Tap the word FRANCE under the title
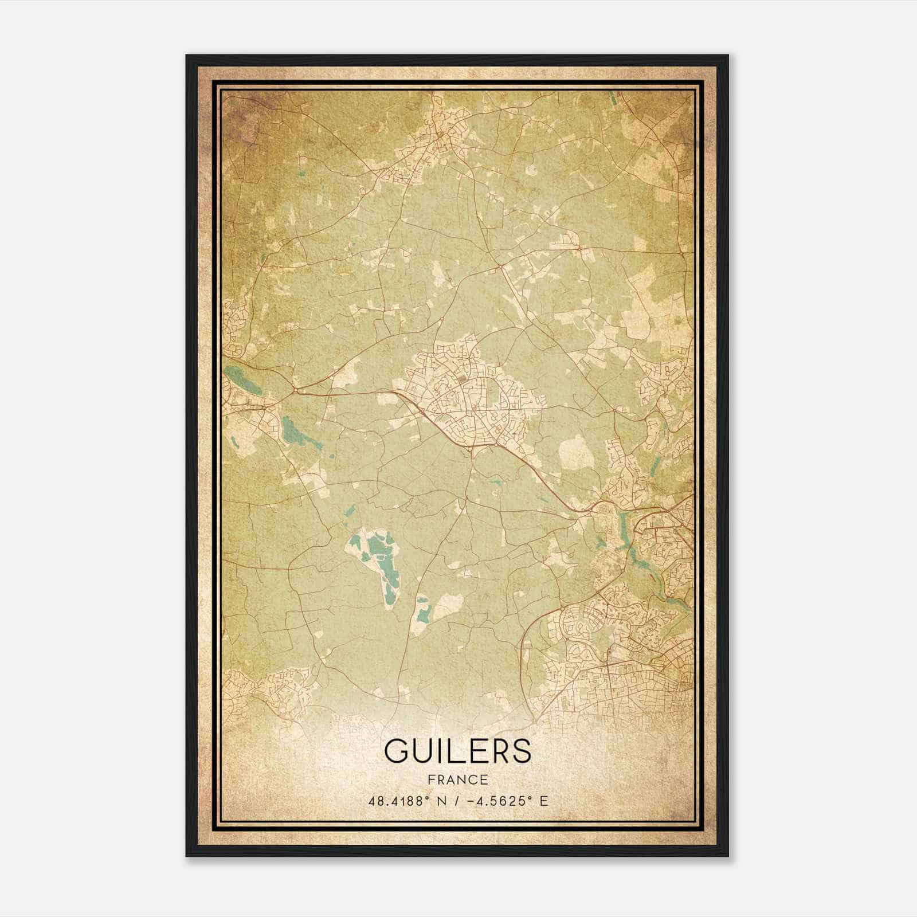click(457, 779)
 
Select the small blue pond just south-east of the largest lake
click(423, 612)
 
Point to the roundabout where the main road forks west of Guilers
click(295, 390)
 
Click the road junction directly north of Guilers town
click(500, 267)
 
